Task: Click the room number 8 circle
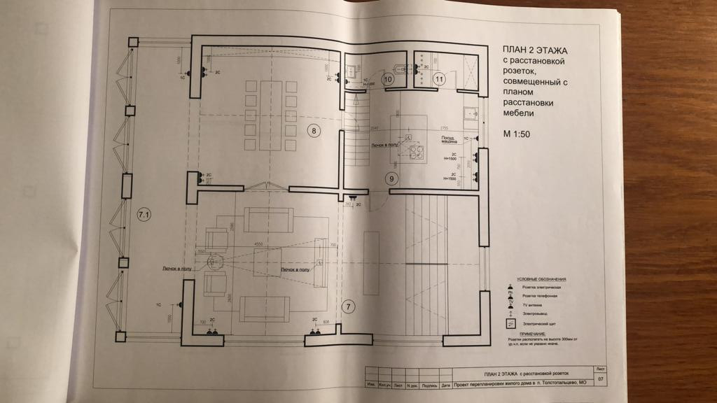coord(314,130)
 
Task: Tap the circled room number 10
coord(389,80)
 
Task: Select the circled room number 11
coord(440,79)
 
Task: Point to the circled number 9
coord(393,178)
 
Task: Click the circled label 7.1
coord(144,215)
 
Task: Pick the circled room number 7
coord(348,306)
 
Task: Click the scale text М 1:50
coord(517,133)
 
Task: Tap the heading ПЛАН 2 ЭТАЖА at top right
coord(534,50)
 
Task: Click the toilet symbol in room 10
coord(400,69)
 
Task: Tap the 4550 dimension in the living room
coord(258,245)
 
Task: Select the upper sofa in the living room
coord(269,220)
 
